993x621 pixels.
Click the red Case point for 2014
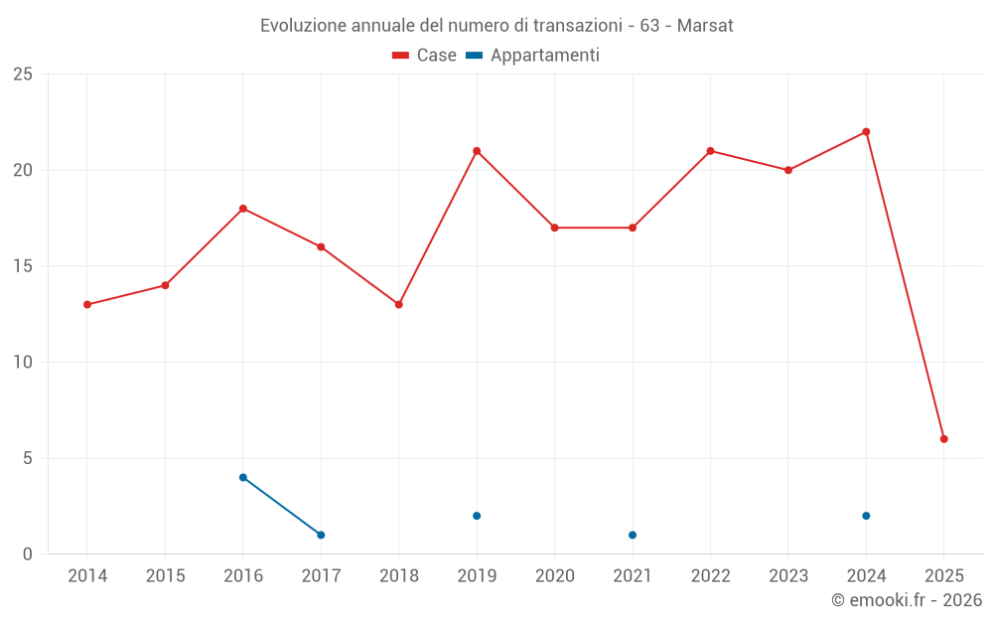(x=87, y=305)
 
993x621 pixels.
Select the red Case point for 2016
(x=243, y=209)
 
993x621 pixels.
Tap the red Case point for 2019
(x=477, y=151)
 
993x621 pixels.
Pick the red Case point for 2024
(x=866, y=132)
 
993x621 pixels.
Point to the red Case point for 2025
(x=944, y=439)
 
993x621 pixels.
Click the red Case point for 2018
(x=399, y=305)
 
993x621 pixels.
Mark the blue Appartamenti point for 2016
(x=243, y=478)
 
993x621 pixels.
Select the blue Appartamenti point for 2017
(x=321, y=536)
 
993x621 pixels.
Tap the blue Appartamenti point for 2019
(x=477, y=516)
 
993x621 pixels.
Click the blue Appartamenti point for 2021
(x=633, y=536)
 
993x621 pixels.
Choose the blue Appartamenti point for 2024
(x=866, y=516)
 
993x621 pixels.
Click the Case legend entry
(x=425, y=56)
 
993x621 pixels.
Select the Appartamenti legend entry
(x=533, y=56)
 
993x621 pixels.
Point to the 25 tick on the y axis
(x=23, y=75)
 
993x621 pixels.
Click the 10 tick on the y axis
(x=23, y=363)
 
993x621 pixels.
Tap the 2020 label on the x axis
(x=555, y=576)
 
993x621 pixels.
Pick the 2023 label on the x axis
(x=788, y=576)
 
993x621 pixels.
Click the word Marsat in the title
(x=705, y=26)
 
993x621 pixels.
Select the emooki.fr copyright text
(x=907, y=600)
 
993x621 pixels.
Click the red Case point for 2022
(x=711, y=151)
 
